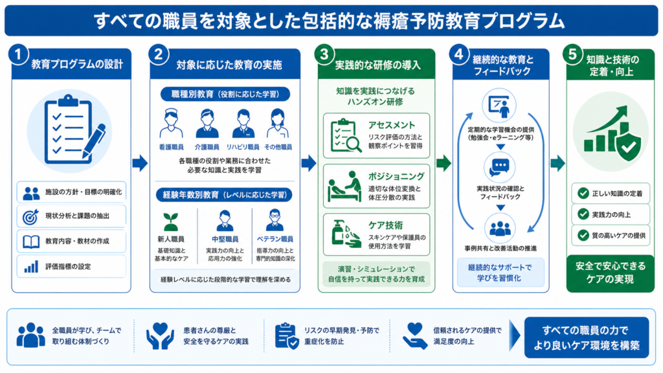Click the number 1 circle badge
(x=18, y=54)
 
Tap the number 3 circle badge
(x=324, y=54)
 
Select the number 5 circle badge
(x=572, y=54)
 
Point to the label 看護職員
(x=171, y=147)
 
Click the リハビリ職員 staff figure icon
(x=243, y=124)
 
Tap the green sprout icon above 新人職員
(x=171, y=221)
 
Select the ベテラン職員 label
(x=275, y=239)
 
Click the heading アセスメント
(x=392, y=125)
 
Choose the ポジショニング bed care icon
(x=345, y=186)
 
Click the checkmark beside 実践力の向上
(x=583, y=214)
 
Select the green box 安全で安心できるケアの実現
(x=610, y=273)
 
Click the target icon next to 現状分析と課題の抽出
(x=30, y=216)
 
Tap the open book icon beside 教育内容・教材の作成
(x=31, y=242)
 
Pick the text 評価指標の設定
(x=68, y=266)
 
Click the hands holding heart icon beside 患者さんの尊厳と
(x=160, y=336)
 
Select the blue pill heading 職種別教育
(x=225, y=94)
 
